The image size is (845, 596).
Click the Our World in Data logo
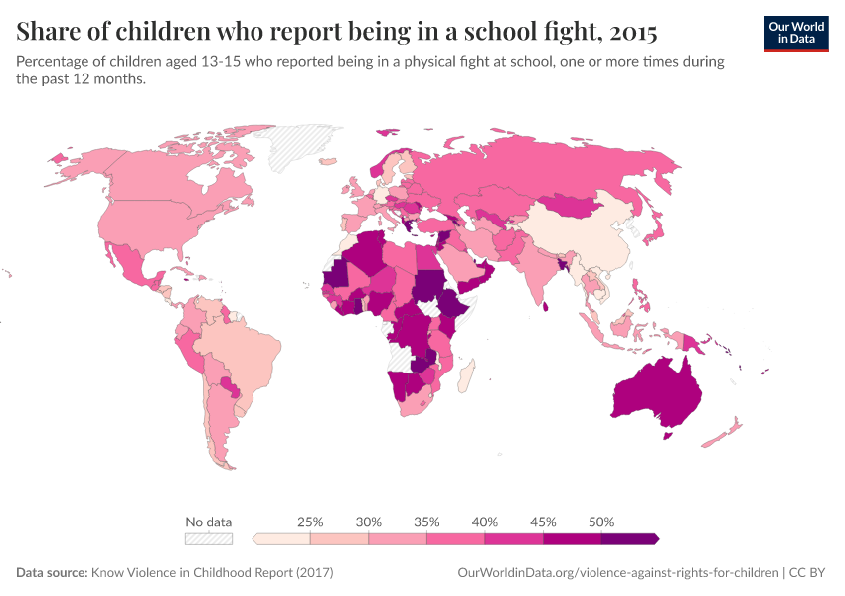(796, 32)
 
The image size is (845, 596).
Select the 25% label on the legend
(310, 521)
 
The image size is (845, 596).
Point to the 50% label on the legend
(601, 521)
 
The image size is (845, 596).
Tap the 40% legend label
(485, 521)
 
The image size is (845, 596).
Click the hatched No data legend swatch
(209, 539)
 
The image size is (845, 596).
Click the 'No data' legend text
(209, 521)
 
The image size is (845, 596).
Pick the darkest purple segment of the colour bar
(629, 539)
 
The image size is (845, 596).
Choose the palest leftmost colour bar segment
(282, 539)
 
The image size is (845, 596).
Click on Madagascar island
(463, 376)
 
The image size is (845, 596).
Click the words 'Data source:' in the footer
(52, 573)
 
